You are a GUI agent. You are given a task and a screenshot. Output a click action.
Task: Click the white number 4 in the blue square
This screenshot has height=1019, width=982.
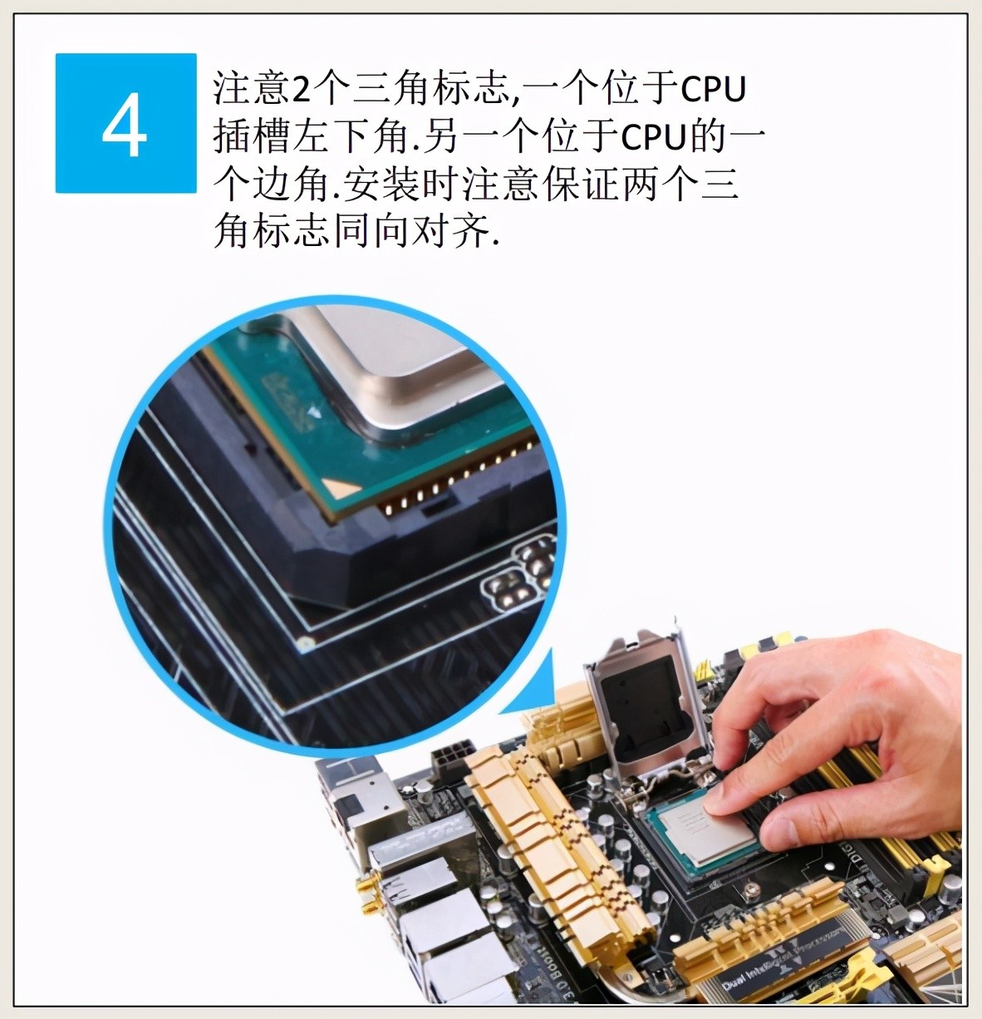[125, 125]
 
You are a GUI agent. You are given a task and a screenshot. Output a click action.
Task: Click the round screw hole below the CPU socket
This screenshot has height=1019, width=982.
[752, 890]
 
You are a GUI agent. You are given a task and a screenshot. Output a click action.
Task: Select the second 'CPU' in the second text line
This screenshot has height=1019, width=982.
[654, 137]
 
